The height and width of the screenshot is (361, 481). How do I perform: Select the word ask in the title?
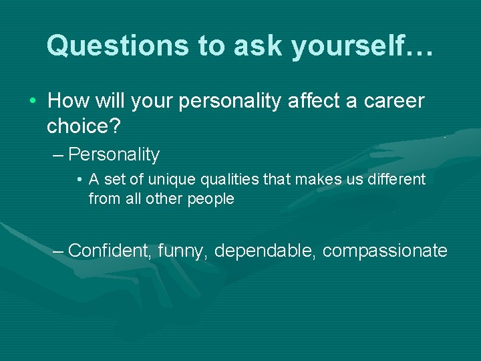point(249,45)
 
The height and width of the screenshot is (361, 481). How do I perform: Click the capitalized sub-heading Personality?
point(114,155)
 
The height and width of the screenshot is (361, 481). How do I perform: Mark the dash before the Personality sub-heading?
point(58,155)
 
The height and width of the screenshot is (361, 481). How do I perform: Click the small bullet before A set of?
point(79,180)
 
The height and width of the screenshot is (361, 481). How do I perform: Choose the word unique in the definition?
point(166,179)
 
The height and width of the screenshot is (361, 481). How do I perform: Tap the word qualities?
point(223,179)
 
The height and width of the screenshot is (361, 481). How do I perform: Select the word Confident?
point(111,251)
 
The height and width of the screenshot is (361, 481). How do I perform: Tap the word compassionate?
point(385,251)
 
